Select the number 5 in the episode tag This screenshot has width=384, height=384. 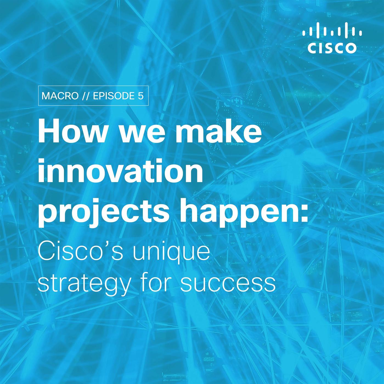click(x=140, y=96)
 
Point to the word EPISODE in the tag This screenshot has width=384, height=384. click(x=114, y=96)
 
